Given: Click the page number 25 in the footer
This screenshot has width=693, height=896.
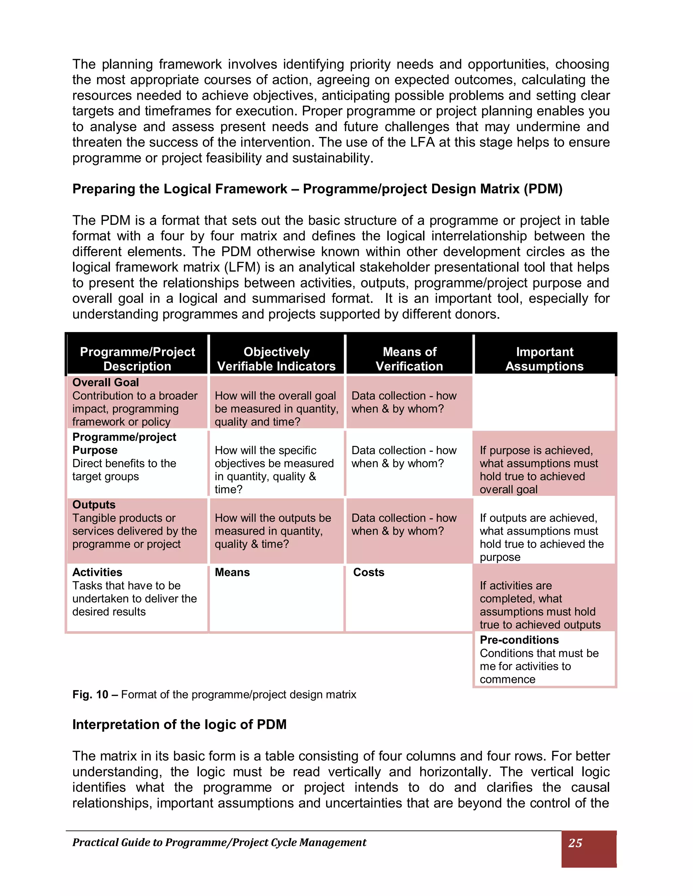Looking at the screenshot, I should tap(575, 843).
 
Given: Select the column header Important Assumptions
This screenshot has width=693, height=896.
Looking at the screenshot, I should tap(544, 359).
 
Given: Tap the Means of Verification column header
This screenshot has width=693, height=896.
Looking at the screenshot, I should tap(409, 359).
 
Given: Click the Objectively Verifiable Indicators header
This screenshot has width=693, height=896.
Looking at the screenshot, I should tap(276, 359).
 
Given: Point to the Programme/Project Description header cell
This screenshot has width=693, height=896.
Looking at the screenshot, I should tap(137, 359).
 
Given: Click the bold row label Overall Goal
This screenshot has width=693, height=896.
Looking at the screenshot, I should tap(106, 382).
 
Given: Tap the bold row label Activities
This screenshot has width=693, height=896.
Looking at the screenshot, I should tap(97, 572).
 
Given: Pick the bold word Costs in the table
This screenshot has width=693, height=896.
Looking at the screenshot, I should tap(368, 572).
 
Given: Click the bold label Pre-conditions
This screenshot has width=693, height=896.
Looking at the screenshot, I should tap(519, 640).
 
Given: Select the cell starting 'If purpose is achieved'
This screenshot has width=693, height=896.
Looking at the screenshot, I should tap(539, 470).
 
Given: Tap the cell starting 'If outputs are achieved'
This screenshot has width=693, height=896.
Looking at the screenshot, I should tap(541, 538).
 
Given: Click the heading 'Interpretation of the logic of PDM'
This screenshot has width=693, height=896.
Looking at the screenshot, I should tap(179, 725).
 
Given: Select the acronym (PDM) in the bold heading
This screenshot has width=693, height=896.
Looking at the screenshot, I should tap(543, 189).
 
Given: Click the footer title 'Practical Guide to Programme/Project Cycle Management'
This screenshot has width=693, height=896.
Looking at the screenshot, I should tap(219, 842).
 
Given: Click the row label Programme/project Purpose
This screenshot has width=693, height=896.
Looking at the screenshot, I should tap(124, 444).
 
